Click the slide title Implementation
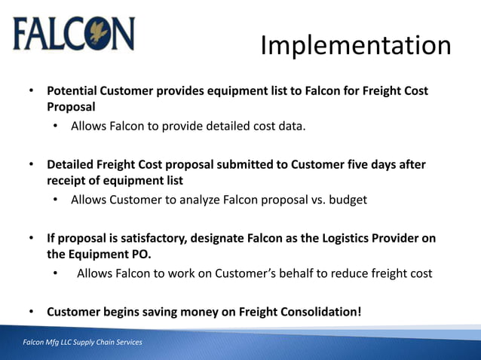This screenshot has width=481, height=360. (x=356, y=46)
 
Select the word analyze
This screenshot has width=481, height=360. (x=195, y=200)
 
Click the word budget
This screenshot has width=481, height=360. (x=346, y=200)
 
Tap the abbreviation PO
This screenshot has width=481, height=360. (x=139, y=255)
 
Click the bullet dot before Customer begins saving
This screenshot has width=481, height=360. (x=32, y=311)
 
